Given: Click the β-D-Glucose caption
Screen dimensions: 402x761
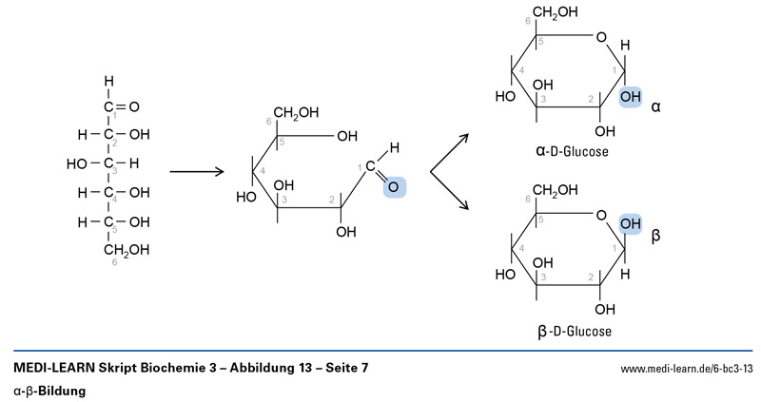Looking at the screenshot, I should (574, 333).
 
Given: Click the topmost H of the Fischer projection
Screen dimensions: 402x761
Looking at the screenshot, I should (108, 81).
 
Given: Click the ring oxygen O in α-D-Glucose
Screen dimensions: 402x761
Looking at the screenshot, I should (599, 38).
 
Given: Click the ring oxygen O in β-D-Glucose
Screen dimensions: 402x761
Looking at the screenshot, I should (599, 217).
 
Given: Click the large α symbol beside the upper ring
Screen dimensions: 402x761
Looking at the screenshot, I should (656, 108).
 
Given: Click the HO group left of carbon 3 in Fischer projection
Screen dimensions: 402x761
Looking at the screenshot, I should (77, 163).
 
